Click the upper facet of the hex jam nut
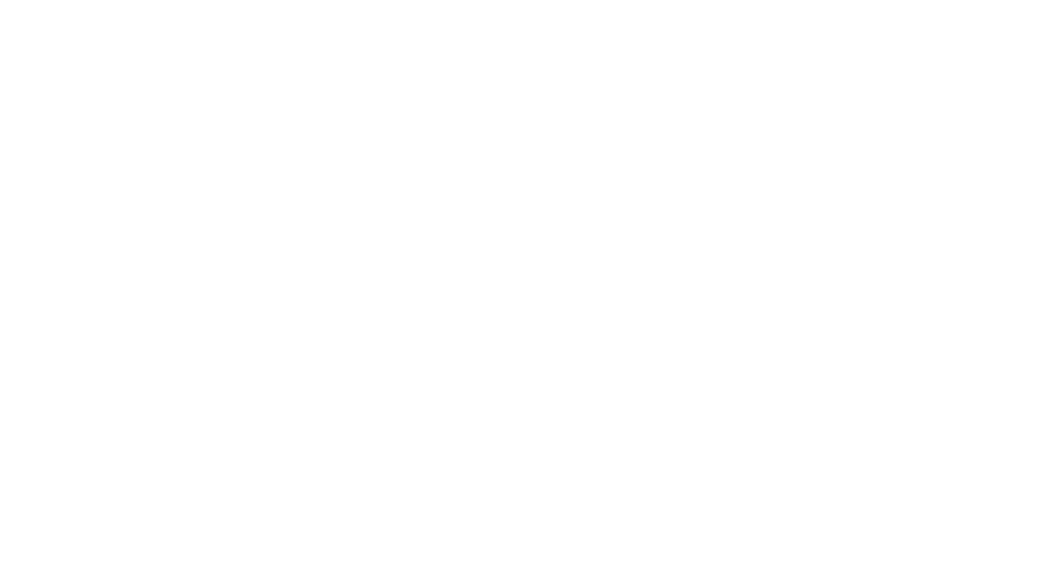pos(308,247)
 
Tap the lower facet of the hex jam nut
pos(308,360)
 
